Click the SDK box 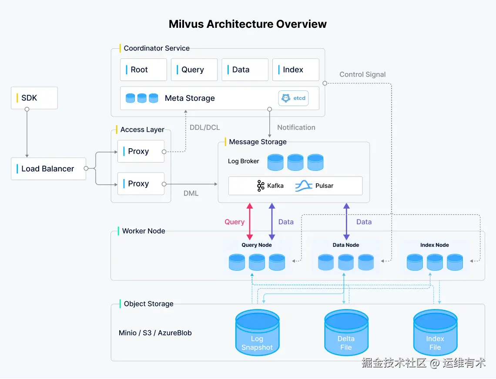(34, 98)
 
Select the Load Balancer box (48, 169)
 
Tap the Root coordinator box (144, 70)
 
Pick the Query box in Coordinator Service (194, 70)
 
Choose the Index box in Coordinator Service (296, 70)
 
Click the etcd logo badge (294, 98)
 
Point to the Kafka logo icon (261, 186)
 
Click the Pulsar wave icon (304, 186)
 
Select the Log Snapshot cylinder (257, 333)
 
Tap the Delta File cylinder (346, 333)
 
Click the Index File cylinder (435, 333)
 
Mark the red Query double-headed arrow (250, 222)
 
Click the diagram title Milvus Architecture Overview (248, 24)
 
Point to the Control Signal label (362, 74)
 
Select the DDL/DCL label (204, 127)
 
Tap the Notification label (296, 127)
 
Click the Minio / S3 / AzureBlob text (155, 333)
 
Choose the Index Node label (434, 245)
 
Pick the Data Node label (346, 245)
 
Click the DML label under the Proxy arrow (191, 193)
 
